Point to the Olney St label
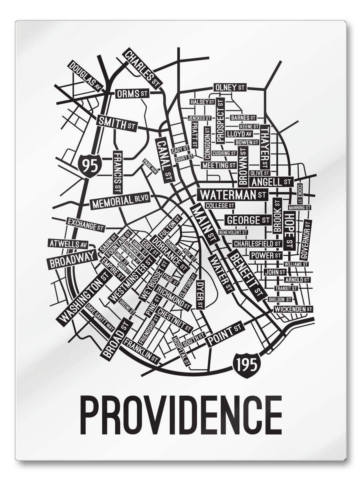[230, 87]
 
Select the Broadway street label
[72, 260]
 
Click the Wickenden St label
[293, 309]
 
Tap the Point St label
[224, 333]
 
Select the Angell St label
[271, 182]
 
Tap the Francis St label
[117, 172]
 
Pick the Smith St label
[116, 124]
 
